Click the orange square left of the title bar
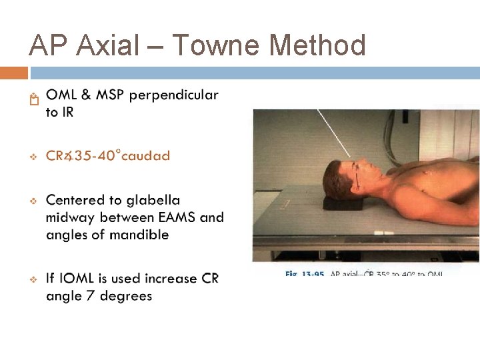point(13,72)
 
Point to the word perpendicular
point(173,95)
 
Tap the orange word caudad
point(147,156)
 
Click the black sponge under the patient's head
point(343,203)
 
